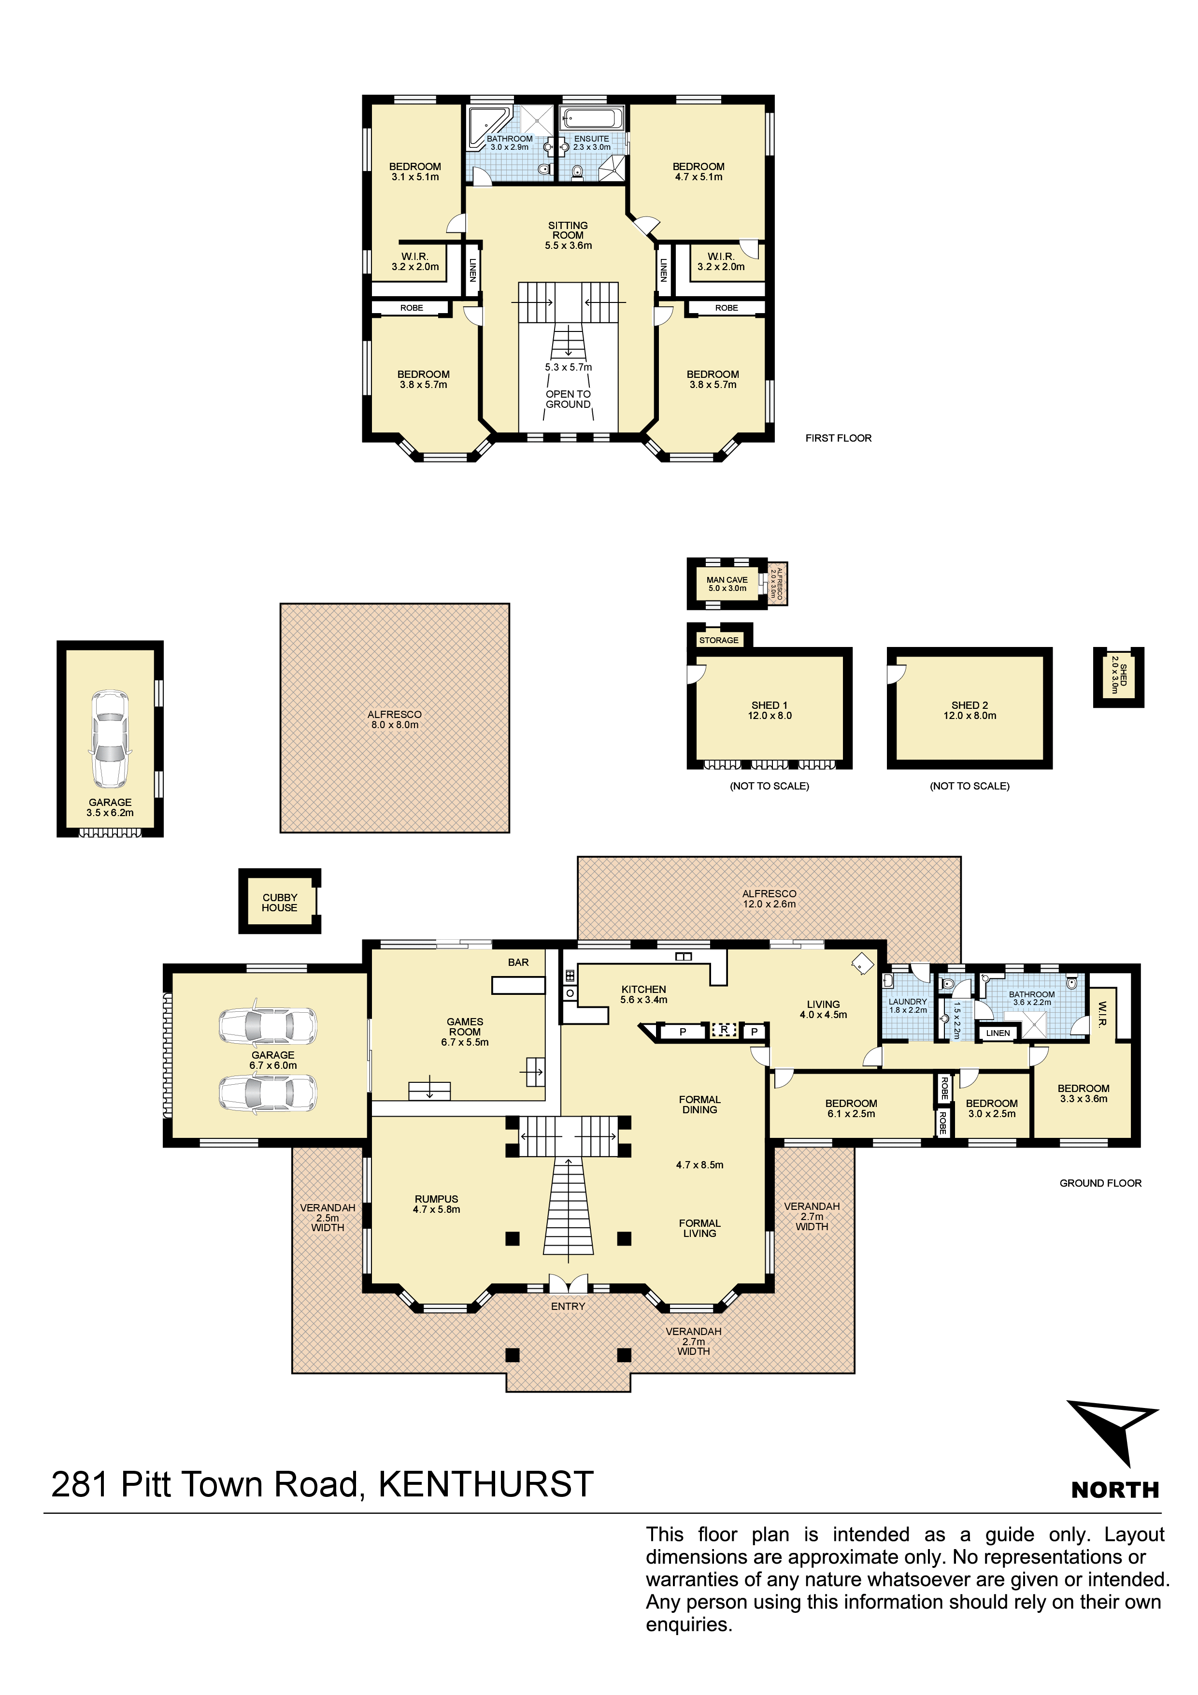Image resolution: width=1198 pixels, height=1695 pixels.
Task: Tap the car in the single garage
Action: pyautogui.click(x=110, y=739)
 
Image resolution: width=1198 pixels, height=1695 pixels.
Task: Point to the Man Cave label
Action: pyautogui.click(x=727, y=580)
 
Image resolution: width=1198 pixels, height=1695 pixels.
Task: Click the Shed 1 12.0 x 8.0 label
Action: pyautogui.click(x=770, y=710)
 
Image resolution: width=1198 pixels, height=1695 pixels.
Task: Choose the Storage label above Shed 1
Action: pyautogui.click(x=719, y=640)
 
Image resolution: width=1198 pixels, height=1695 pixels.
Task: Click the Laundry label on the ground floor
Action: pyautogui.click(x=908, y=1002)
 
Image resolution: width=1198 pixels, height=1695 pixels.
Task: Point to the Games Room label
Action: pyautogui.click(x=465, y=1027)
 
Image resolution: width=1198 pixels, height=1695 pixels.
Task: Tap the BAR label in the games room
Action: pyautogui.click(x=518, y=962)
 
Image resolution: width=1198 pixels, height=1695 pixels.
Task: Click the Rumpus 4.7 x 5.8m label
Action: pyautogui.click(x=436, y=1204)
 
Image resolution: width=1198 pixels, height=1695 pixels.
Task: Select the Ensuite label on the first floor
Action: pyautogui.click(x=592, y=139)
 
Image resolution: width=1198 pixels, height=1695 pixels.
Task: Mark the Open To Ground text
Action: pyautogui.click(x=569, y=400)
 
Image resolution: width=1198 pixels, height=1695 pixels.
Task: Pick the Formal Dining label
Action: pyautogui.click(x=700, y=1105)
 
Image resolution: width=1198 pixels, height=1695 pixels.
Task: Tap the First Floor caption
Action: pyautogui.click(x=839, y=438)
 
